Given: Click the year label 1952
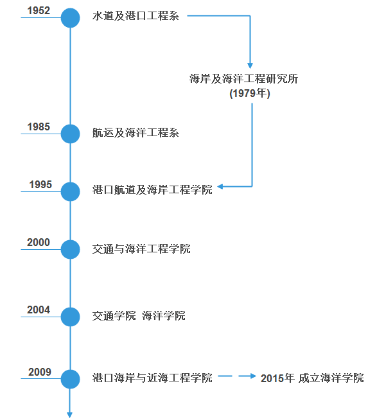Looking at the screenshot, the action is coord(39,11).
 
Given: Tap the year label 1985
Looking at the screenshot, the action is coord(39,127).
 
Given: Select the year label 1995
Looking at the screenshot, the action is coord(40,184).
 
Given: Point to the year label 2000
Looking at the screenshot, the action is coord(39,242).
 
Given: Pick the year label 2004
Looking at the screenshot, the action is coord(39,310).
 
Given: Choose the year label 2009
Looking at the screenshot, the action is coord(40,372).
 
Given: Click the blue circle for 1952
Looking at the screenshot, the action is coord(70,18).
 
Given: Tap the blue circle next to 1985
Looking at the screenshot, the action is coord(70,134).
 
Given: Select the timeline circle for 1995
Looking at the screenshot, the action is coord(70,191).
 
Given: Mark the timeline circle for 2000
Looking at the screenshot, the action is coord(70,249).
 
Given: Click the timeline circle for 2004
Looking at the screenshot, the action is coord(70,317).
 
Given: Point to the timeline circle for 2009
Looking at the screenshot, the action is coord(70,379).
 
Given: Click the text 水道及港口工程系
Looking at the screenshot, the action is coord(136,16).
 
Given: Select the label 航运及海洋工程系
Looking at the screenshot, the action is coord(136,132).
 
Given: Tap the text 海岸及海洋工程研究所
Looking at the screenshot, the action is coord(243,79).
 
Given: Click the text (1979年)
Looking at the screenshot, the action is coord(250,93).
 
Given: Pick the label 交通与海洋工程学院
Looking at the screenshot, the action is coord(141,249).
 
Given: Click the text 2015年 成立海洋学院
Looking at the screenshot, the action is coord(312,378).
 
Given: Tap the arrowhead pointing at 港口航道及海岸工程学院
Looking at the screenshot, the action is coord(220,186).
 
